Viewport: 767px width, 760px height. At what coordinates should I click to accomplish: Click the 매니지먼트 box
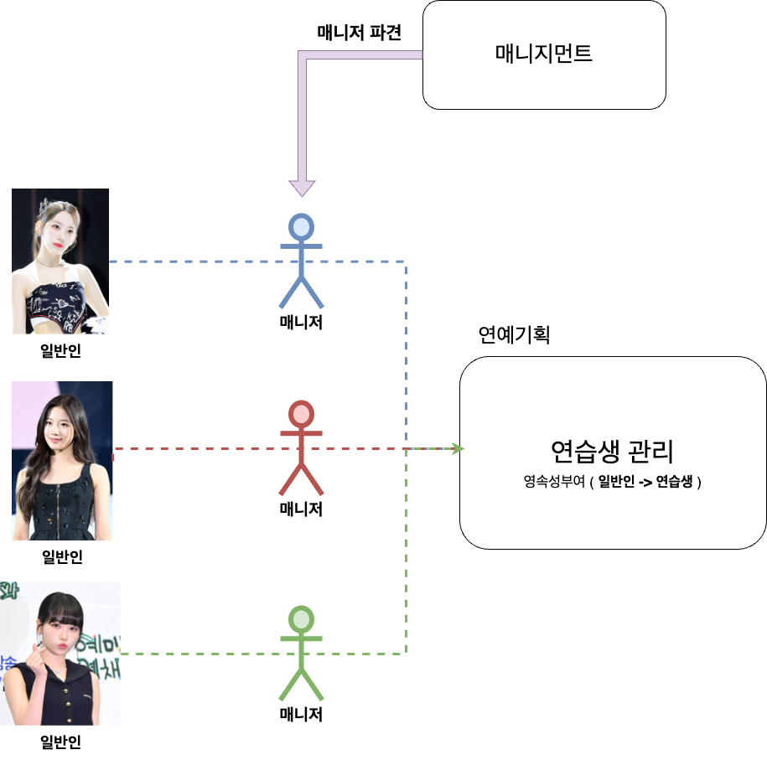[544, 54]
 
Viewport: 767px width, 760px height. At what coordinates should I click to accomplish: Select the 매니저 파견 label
[359, 33]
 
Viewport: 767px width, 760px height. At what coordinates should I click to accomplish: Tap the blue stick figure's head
[301, 227]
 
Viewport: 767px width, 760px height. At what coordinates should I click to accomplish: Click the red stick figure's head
[301, 414]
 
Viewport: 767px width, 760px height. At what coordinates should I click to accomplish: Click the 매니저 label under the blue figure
[301, 322]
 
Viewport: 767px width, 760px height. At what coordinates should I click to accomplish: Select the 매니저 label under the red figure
[301, 509]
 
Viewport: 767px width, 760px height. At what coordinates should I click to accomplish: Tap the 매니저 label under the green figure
[301, 715]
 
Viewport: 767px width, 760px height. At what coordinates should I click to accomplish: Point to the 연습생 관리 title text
[612, 452]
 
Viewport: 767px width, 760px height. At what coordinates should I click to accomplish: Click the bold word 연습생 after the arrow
[675, 483]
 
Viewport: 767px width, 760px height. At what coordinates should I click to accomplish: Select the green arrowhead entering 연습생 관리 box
[457, 449]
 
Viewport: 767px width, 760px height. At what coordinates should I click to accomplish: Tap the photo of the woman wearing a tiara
[60, 261]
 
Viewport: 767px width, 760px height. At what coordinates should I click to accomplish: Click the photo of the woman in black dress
[63, 461]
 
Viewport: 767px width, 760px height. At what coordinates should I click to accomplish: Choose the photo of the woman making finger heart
[60, 653]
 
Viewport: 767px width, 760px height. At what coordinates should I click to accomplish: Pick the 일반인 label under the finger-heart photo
[61, 742]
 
